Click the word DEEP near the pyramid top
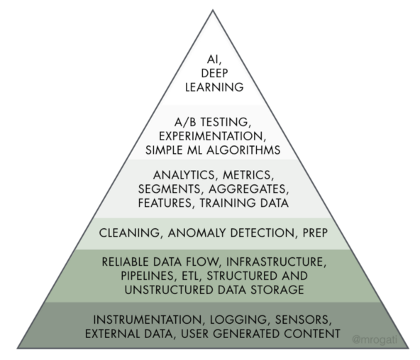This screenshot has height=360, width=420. point(214,73)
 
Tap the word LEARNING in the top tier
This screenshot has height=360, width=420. point(214,87)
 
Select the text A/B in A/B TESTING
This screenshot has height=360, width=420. point(185,122)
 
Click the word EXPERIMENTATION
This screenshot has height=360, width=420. point(211,136)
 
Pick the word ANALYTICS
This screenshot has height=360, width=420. point(183,175)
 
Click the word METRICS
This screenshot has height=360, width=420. point(247,175)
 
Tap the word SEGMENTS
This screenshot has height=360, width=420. point(169,189)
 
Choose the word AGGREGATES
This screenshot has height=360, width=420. point(247,189)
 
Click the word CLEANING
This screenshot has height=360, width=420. point(130,232)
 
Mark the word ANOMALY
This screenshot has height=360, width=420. point(197,232)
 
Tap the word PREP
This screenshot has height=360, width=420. point(315,232)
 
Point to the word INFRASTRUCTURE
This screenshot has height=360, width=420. point(276,261)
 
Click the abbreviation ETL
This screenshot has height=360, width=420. point(191,276)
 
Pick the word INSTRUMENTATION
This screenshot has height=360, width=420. point(147,320)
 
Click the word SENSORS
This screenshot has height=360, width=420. point(302,320)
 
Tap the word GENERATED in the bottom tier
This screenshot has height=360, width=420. point(247,334)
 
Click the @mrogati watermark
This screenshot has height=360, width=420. point(375,339)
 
